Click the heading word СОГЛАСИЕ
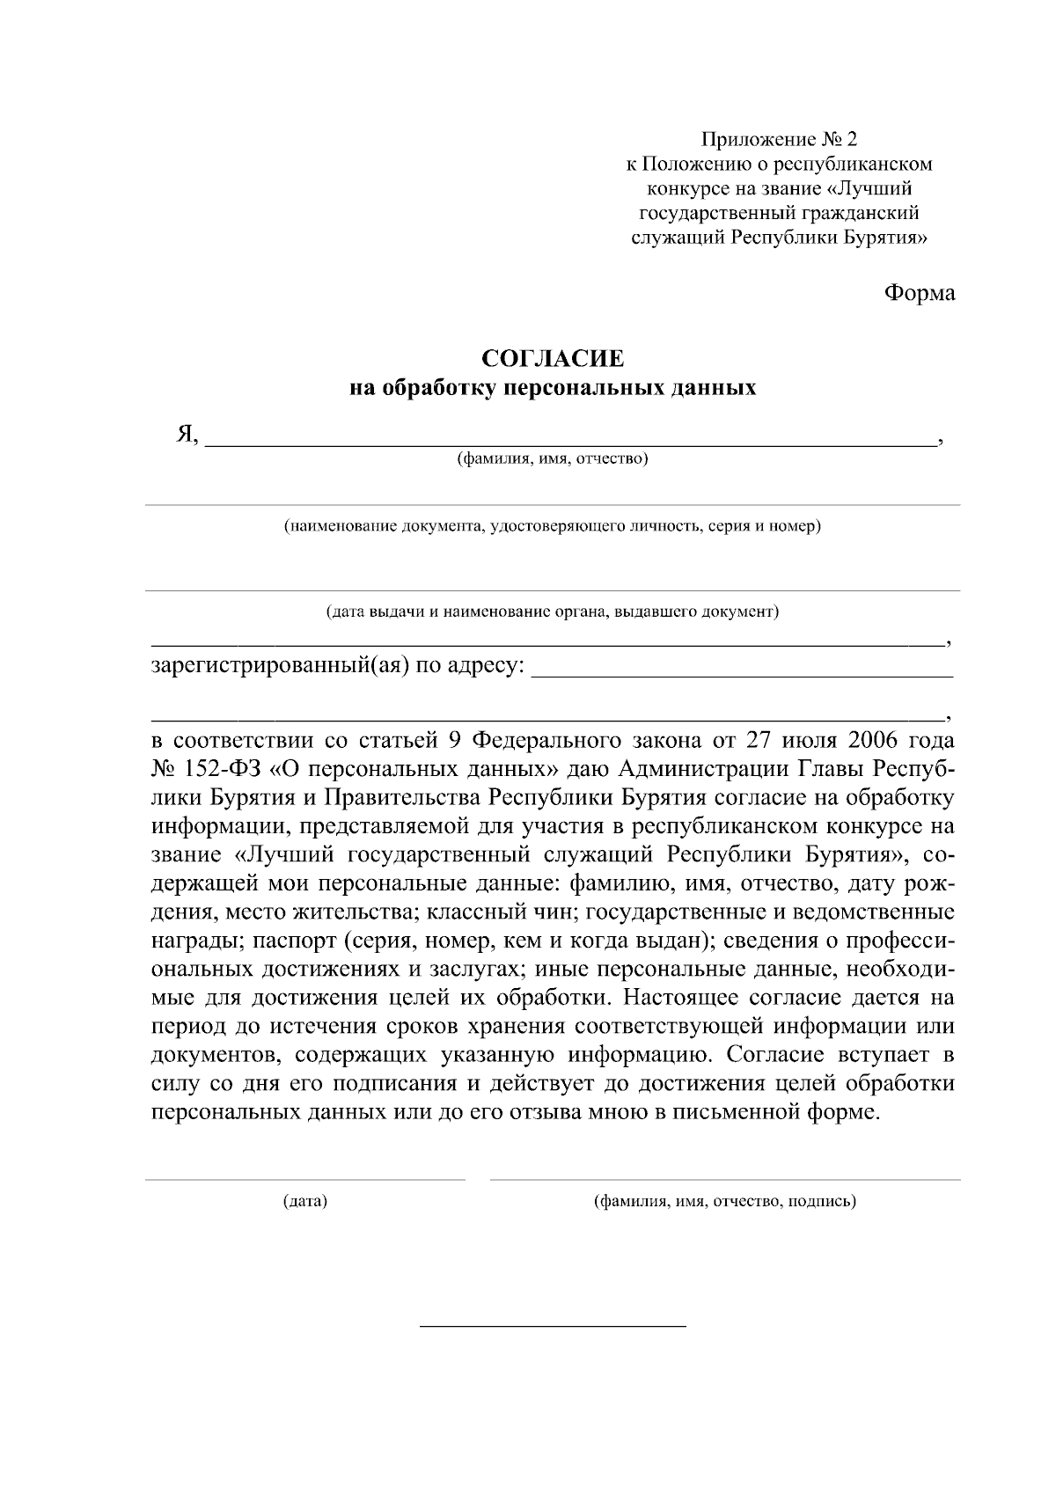(x=553, y=359)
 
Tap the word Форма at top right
(x=920, y=293)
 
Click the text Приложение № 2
(x=778, y=139)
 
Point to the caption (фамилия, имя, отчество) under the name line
(x=552, y=458)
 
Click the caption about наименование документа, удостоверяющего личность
(x=552, y=526)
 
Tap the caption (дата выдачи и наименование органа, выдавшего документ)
(x=552, y=611)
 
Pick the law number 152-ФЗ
(x=224, y=769)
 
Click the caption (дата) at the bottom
(x=304, y=1200)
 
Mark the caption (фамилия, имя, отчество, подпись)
(x=725, y=1200)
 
